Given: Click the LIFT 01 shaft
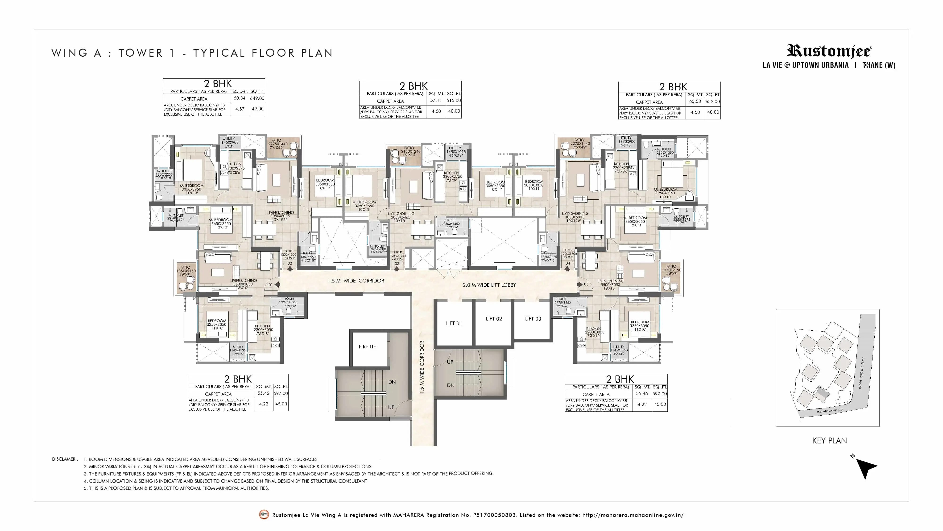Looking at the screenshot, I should tap(454, 323).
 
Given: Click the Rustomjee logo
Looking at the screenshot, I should tap(829, 51).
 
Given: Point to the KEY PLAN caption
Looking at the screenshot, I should tap(829, 440).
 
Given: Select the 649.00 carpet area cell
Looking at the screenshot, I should tap(257, 98).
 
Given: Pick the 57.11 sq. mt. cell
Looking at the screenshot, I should tap(436, 100).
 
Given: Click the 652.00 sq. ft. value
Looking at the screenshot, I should tap(712, 101).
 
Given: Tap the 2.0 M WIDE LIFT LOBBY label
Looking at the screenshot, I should tap(489, 285).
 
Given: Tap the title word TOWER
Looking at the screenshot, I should tap(140, 53).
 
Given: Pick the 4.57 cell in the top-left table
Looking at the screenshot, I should tap(240, 109).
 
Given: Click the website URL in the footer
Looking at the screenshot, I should tap(633, 515).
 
